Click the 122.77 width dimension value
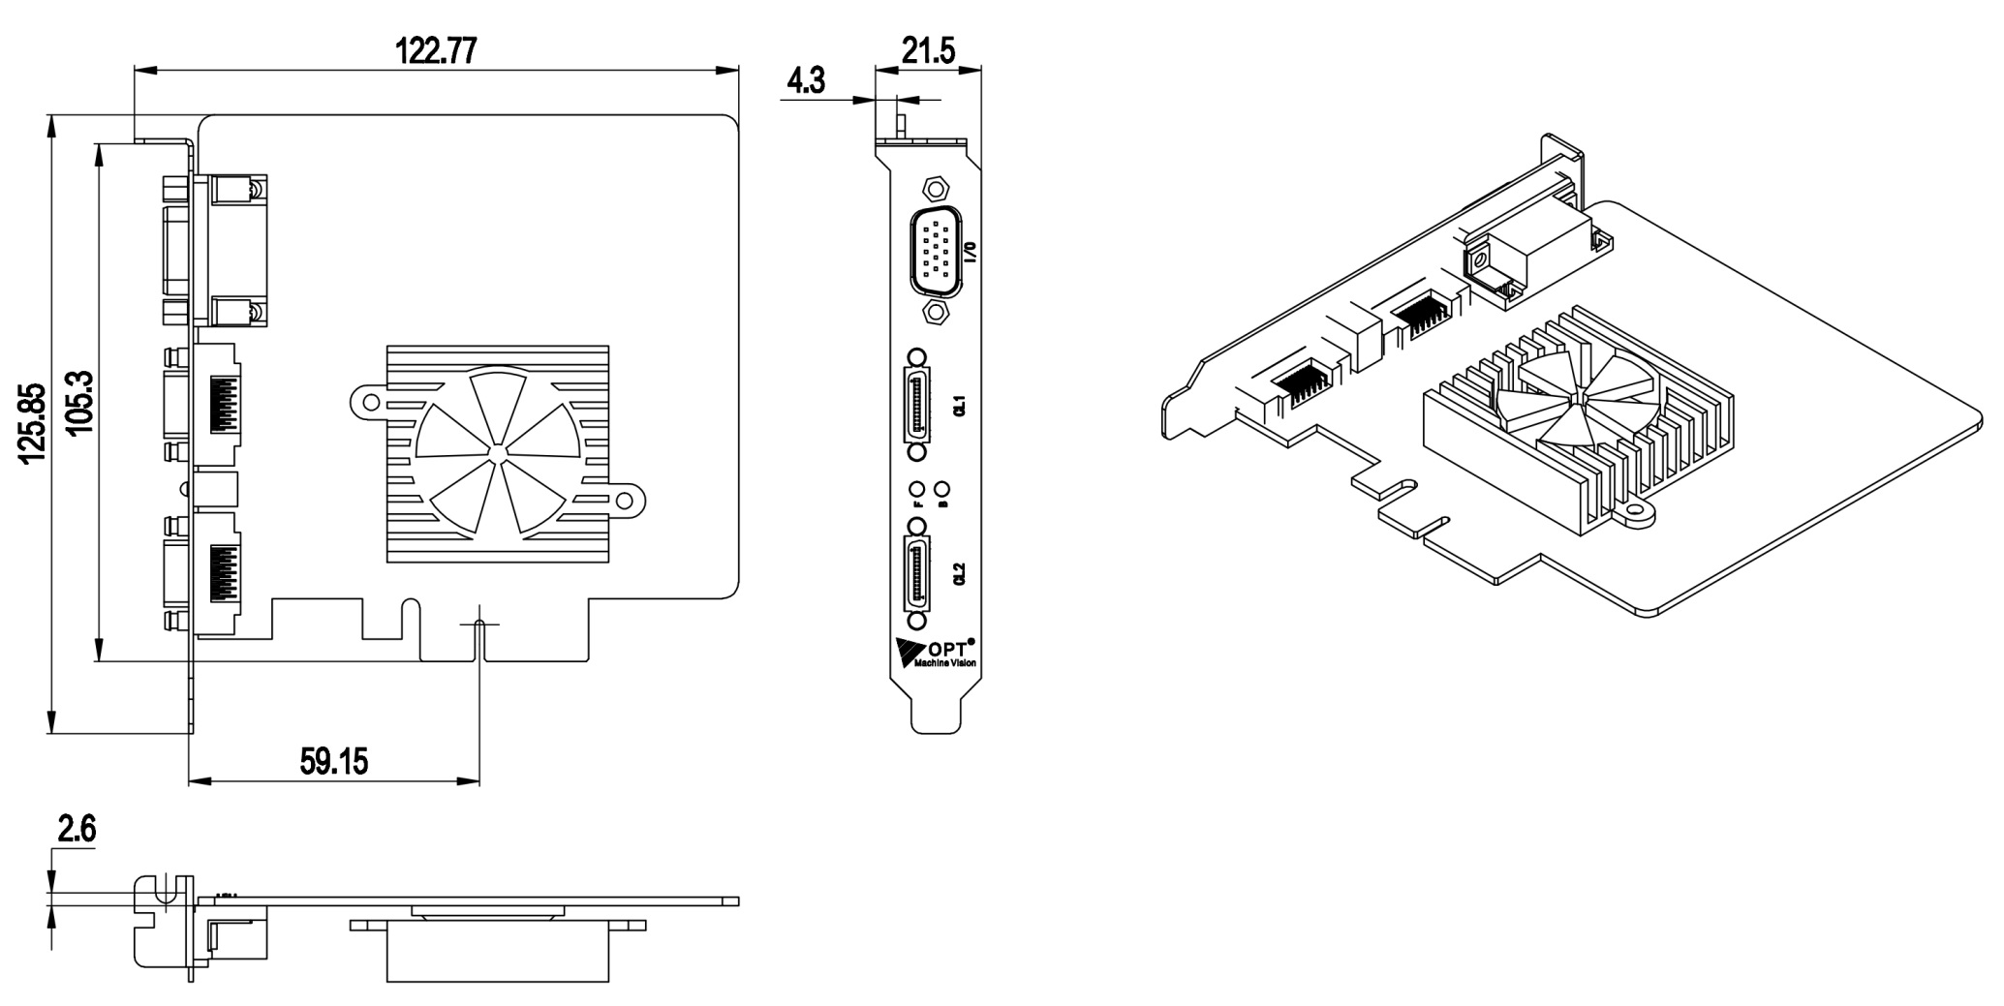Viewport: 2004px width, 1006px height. pos(436,49)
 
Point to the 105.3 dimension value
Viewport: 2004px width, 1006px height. pos(79,402)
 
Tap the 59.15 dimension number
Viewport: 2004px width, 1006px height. pos(334,761)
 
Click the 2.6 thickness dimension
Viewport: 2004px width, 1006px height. pos(77,830)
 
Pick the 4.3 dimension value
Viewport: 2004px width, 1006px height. pos(805,80)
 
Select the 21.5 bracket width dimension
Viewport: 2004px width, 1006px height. pos(928,49)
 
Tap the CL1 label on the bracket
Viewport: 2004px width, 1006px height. pos(960,406)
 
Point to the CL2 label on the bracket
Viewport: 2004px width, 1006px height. pos(960,574)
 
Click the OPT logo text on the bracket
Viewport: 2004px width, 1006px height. pos(948,646)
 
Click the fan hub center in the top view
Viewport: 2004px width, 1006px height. pos(497,452)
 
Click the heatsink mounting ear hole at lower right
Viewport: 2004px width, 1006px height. pos(626,501)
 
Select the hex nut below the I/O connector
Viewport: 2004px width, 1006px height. pos(936,311)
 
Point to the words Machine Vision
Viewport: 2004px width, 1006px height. pos(939,663)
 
